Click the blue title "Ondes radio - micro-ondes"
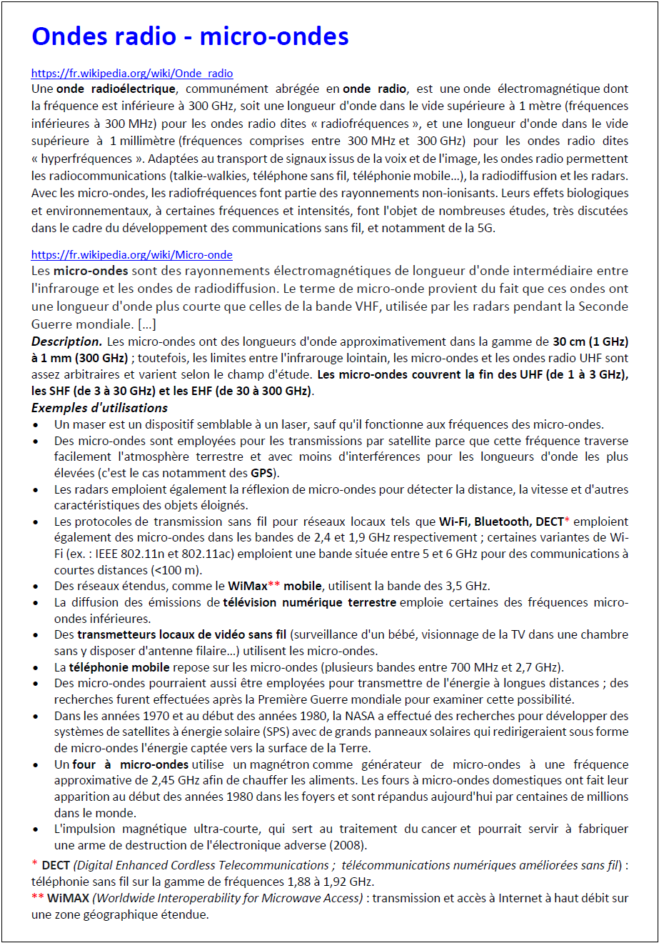pyautogui.click(x=190, y=36)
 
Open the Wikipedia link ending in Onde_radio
pyautogui.click(x=132, y=74)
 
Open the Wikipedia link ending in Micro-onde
pyautogui.click(x=132, y=255)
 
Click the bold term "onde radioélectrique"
pyautogui.click(x=116, y=89)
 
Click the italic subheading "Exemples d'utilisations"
pyautogui.click(x=99, y=408)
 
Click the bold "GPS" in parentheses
pyautogui.click(x=261, y=473)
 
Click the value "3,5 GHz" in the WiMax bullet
pyautogui.click(x=468, y=586)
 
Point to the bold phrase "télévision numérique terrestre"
pyautogui.click(x=309, y=602)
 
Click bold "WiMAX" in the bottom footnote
pyautogui.click(x=68, y=898)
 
